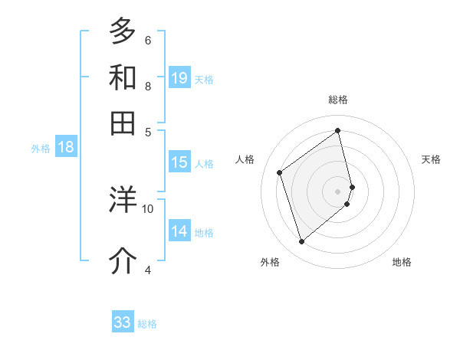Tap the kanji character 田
coord(123,123)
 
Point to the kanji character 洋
coord(123,199)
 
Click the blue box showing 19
coord(179,78)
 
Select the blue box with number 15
coord(179,162)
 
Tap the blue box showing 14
coord(179,231)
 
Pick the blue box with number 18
coord(66,147)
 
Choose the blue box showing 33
coord(123,322)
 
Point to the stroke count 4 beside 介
coord(148,270)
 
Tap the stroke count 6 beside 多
coord(148,40)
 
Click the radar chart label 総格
coord(338,100)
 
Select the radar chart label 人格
coord(245,159)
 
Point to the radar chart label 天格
coord(431,159)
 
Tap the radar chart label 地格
coord(402,262)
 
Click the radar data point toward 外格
coord(301,242)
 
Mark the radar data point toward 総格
coord(338,131)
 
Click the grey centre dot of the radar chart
coord(338,191)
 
